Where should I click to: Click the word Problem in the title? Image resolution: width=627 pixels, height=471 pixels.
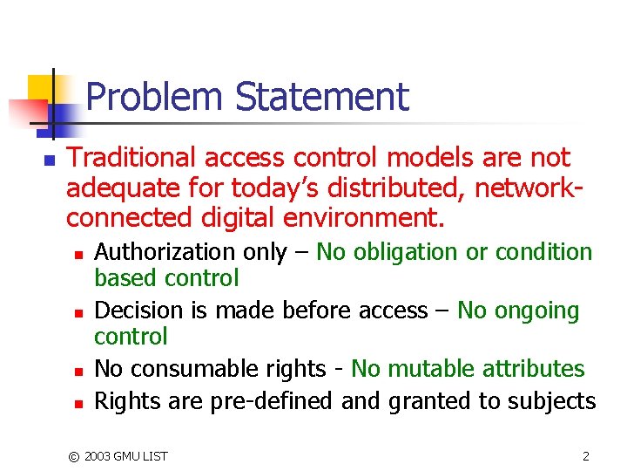point(153,97)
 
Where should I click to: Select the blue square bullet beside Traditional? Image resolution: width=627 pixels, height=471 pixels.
point(49,160)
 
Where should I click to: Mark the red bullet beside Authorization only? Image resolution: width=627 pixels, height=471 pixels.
point(78,255)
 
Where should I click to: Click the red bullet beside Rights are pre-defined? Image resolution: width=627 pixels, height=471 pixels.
point(78,403)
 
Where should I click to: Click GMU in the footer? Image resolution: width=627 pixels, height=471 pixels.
point(131,456)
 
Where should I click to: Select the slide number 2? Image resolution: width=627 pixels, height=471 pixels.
point(585,455)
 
